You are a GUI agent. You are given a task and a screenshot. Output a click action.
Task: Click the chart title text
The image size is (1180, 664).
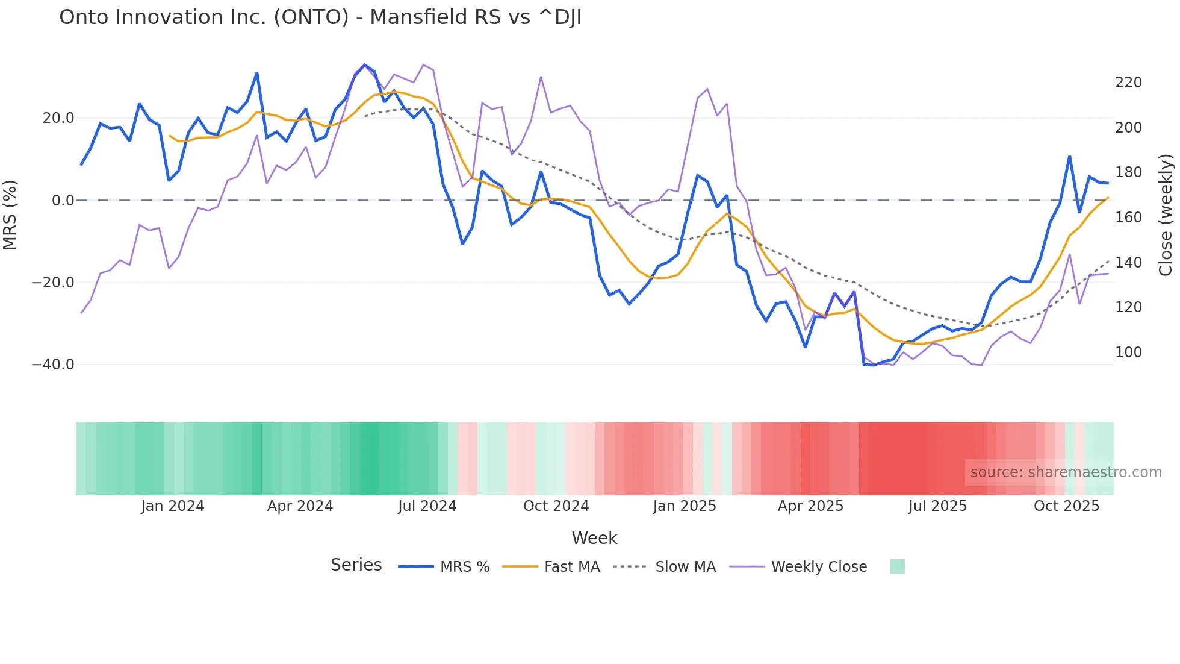(x=320, y=17)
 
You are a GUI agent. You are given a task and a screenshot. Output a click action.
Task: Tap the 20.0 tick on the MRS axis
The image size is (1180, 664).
(x=58, y=118)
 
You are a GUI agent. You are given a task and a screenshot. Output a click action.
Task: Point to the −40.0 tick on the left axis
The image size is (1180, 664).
(x=53, y=365)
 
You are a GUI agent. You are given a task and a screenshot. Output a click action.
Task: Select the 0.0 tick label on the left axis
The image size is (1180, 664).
(x=63, y=201)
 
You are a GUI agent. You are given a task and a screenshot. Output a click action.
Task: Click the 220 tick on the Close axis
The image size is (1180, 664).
(x=1128, y=83)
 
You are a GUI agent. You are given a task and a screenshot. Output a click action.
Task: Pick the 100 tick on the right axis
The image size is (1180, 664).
(x=1128, y=352)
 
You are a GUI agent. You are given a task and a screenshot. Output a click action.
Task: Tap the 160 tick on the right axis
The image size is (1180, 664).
(x=1128, y=218)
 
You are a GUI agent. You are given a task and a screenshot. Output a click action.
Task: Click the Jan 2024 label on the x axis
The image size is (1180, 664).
(x=173, y=506)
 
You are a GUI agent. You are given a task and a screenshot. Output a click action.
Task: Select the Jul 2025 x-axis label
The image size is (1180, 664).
(x=937, y=506)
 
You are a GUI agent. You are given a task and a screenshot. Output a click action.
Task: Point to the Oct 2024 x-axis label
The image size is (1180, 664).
(x=556, y=506)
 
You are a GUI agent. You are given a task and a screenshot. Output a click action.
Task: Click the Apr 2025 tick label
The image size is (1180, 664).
(x=810, y=506)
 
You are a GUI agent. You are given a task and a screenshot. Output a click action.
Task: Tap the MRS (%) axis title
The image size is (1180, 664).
(x=10, y=215)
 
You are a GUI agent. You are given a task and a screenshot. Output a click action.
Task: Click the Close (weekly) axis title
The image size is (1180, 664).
(x=1166, y=215)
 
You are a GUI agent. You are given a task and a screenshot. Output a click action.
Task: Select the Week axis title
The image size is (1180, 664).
(x=594, y=538)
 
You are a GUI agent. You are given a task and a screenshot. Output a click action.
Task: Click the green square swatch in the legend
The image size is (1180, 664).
(x=897, y=566)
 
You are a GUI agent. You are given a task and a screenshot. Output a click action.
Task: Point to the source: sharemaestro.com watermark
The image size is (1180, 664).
(x=1066, y=472)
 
